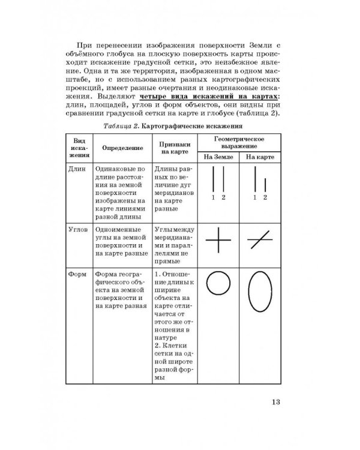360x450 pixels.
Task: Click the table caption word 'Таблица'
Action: [x=119, y=126]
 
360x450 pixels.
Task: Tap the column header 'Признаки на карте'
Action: [x=175, y=148]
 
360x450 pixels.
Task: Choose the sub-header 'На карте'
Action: [x=259, y=157]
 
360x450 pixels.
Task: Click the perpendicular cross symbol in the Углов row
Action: [x=218, y=243]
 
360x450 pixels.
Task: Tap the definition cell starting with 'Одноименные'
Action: [x=118, y=238]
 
